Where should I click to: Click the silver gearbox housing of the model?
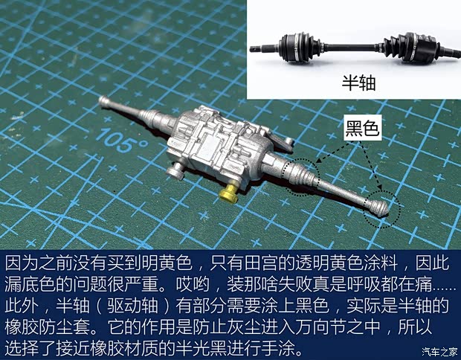(x=216, y=149)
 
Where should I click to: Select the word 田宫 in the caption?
(x=254, y=265)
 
